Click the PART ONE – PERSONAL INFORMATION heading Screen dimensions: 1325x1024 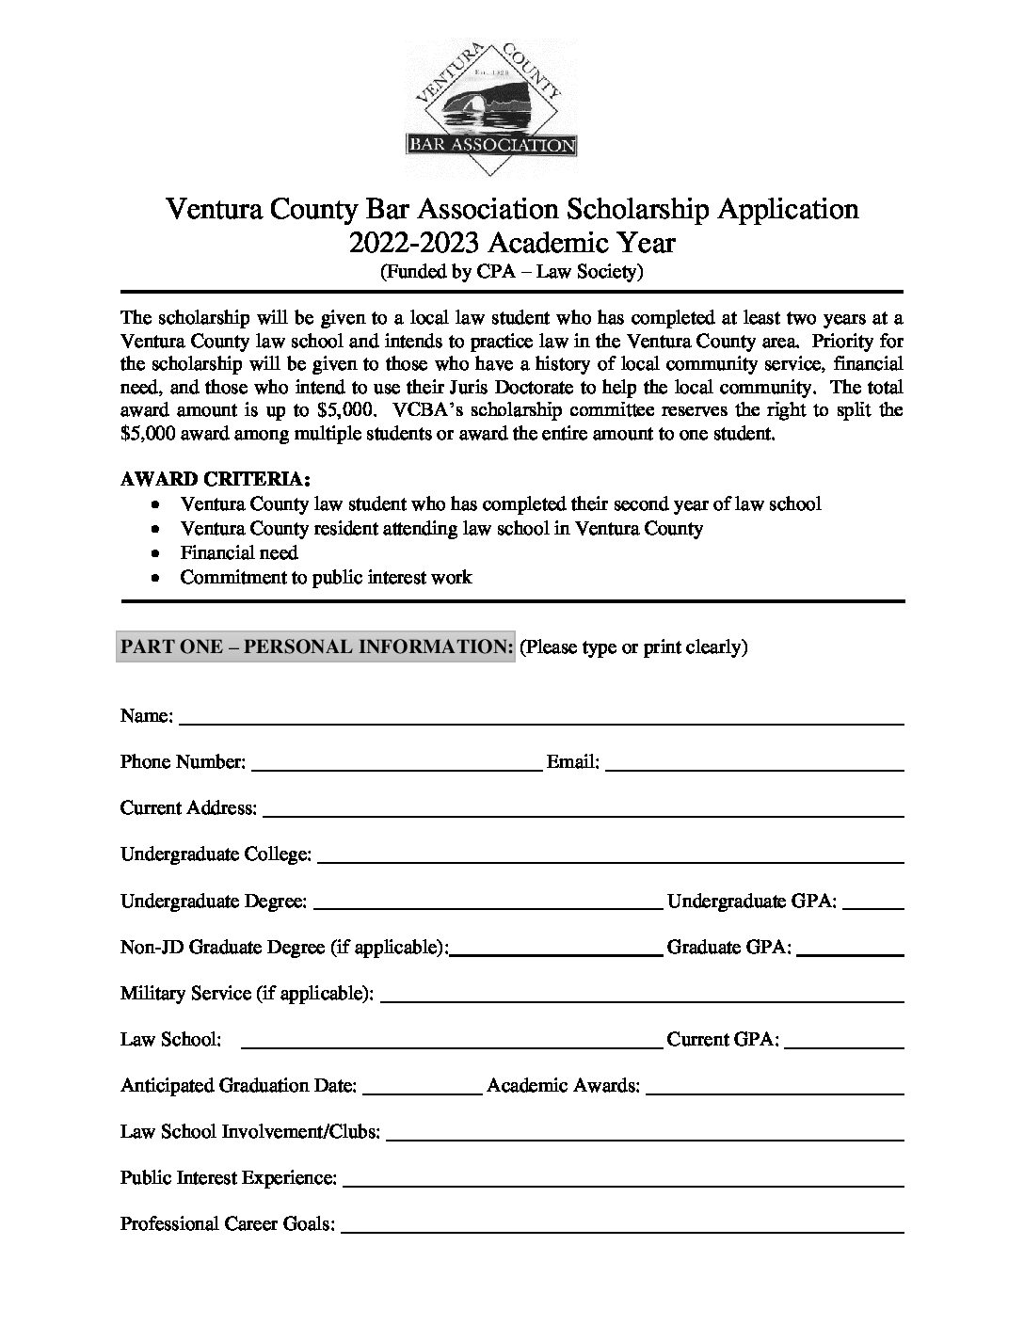click(x=316, y=647)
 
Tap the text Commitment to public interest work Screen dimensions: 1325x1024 click(x=326, y=577)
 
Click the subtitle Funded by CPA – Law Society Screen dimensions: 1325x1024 click(x=511, y=273)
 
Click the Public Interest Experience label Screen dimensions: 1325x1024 click(x=228, y=1177)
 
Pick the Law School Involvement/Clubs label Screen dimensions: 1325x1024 click(x=250, y=1131)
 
